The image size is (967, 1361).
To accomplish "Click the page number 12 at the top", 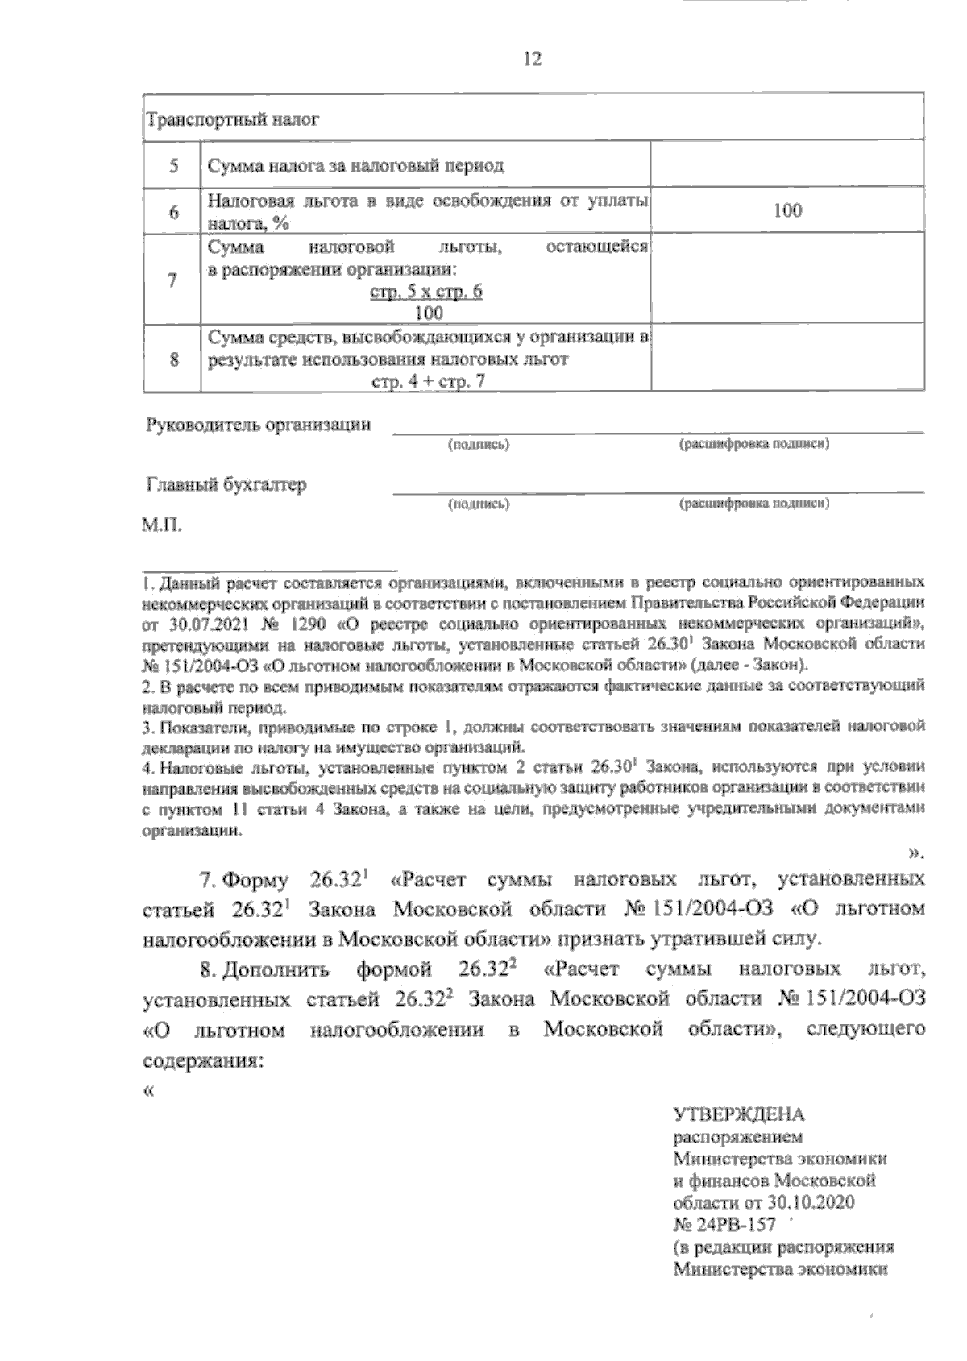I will coord(533,60).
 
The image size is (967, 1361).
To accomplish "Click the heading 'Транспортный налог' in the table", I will coord(233,121).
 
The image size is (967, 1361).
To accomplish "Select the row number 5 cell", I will coord(173,167).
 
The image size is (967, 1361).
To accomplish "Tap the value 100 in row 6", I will coord(787,211).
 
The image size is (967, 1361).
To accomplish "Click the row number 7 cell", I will coord(172,280).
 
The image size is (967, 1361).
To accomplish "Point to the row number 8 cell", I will coord(173,359).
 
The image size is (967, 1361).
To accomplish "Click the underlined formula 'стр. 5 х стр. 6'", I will coord(425,292).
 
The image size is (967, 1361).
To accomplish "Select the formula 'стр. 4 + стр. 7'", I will coord(427,382).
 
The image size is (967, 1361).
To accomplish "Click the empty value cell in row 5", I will coord(786,167).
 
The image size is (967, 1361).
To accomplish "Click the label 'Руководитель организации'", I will coord(259,425).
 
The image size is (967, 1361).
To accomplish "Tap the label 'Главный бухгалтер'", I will coord(226,485).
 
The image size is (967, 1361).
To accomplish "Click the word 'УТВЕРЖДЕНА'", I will coord(739,1115).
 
